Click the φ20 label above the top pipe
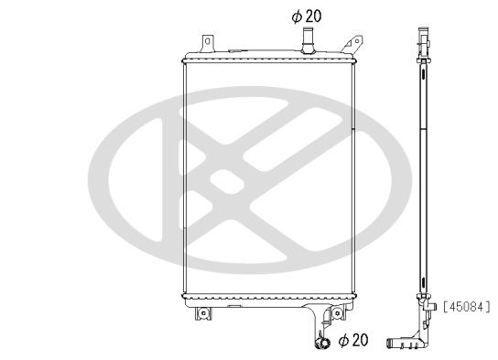pyautogui.click(x=307, y=16)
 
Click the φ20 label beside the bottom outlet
pyautogui.click(x=353, y=341)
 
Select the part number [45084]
pyautogui.click(x=467, y=306)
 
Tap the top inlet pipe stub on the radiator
pyautogui.click(x=309, y=40)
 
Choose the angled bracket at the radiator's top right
pyautogui.click(x=348, y=41)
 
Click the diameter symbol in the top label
pyautogui.click(x=297, y=16)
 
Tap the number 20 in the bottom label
pyautogui.click(x=359, y=341)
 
